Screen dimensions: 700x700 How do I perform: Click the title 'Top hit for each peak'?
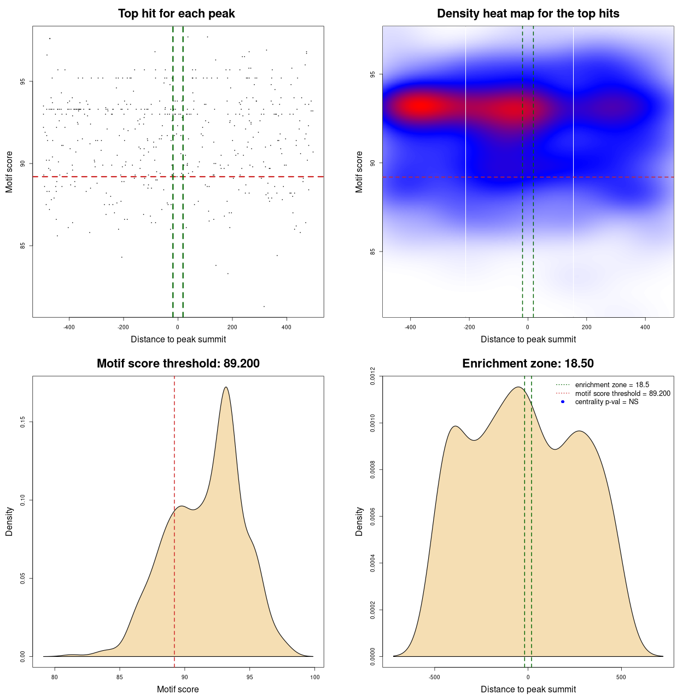point(177,14)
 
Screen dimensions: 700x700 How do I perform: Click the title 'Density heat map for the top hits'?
point(528,14)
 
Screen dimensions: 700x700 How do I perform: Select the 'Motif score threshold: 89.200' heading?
point(178,364)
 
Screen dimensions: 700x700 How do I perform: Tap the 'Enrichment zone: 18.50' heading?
point(528,364)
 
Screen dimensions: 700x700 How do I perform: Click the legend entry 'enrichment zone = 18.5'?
point(612,385)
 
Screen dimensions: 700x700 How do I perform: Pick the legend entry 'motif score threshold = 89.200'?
point(622,394)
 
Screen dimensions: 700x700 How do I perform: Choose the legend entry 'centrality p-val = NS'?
point(606,402)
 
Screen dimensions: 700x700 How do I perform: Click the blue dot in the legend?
point(563,402)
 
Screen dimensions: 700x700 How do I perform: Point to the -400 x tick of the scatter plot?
point(69,328)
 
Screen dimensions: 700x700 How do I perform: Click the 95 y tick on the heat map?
point(374,74)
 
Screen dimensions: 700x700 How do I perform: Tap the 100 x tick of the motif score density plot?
point(314,677)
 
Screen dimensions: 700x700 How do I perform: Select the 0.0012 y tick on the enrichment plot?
point(374,376)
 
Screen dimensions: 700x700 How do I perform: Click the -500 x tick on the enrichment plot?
point(435,677)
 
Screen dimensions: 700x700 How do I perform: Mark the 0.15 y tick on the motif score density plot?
point(24,422)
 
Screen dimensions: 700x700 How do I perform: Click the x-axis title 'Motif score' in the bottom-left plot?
point(178,690)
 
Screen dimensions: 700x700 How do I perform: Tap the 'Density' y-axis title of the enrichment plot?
point(359,521)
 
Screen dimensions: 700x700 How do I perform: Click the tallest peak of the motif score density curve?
point(226,387)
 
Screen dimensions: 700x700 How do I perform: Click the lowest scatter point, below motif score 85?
point(264,306)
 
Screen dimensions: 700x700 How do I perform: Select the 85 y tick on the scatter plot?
point(24,246)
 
